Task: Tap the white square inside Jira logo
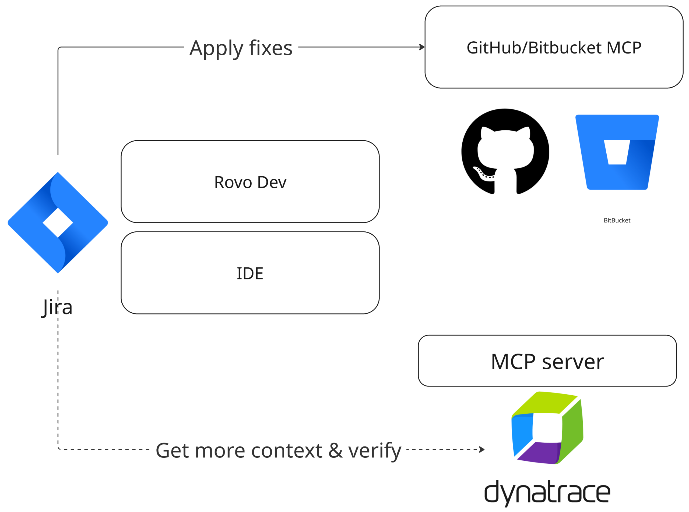(x=58, y=223)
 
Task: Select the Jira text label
(x=58, y=307)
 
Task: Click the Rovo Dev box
(x=250, y=182)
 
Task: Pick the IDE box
(x=250, y=273)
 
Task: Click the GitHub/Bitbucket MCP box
(x=554, y=47)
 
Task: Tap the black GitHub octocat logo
(x=505, y=152)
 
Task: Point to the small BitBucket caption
(x=617, y=220)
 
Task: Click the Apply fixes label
(x=241, y=48)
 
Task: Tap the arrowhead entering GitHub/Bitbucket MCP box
(x=422, y=47)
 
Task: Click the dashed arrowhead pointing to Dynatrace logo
(x=482, y=449)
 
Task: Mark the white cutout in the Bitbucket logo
(x=617, y=152)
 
